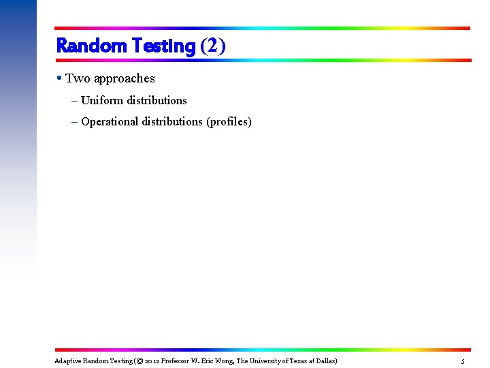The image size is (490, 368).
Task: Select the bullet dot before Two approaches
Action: (x=61, y=78)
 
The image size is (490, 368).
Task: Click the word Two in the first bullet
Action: (x=76, y=78)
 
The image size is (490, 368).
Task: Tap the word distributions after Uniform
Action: (x=157, y=100)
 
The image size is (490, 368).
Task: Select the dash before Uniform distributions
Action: (x=73, y=100)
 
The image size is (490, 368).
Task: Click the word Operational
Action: (x=110, y=122)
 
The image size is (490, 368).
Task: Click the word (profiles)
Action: (x=229, y=122)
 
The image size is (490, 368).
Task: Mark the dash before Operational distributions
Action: (x=73, y=122)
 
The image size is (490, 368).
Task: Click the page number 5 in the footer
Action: (x=463, y=361)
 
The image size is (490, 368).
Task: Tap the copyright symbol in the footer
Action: (x=137, y=361)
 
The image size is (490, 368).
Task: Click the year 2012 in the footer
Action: (x=152, y=361)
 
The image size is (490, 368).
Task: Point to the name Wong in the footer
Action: (x=223, y=361)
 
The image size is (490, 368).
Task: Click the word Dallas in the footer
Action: (x=325, y=361)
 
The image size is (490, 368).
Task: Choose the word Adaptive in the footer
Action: (x=67, y=361)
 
